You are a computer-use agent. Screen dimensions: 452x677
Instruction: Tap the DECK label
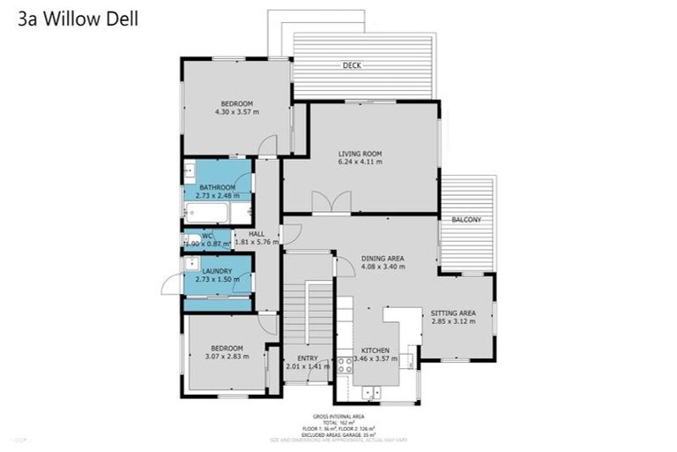pos(352,65)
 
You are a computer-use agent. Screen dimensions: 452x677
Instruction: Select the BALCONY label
pos(465,219)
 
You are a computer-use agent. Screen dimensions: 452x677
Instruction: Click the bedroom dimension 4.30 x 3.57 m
pos(236,112)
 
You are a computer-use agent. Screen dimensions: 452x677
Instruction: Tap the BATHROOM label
pos(217,187)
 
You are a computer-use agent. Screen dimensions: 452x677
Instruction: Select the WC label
pos(206,235)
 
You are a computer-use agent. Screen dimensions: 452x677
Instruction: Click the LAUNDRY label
pos(217,271)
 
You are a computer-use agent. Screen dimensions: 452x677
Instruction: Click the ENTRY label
pos(307,358)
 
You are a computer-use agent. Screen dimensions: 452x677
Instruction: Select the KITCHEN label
pos(375,350)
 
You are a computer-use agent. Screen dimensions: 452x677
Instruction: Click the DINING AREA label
pos(383,258)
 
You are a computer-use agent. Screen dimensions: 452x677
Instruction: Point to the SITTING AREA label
pos(453,313)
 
